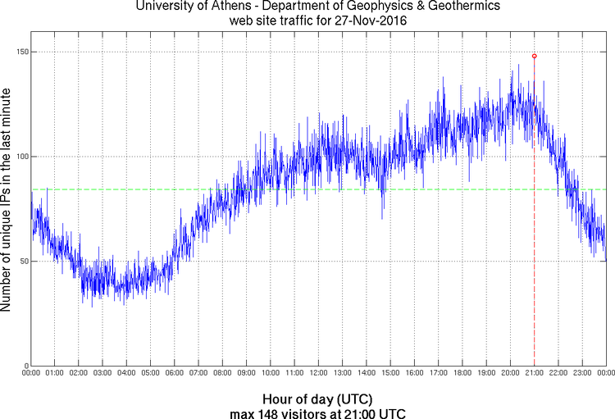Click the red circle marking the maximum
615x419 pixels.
(x=534, y=56)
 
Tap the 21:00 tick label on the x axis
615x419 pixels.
(x=534, y=374)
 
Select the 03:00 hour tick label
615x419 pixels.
(x=102, y=374)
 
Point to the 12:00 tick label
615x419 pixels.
(x=318, y=374)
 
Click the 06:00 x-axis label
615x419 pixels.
(x=175, y=374)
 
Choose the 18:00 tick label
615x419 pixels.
(x=462, y=374)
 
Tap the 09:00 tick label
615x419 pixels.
(x=246, y=374)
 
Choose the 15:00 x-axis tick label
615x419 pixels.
(x=390, y=374)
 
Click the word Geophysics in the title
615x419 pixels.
(x=350, y=7)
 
